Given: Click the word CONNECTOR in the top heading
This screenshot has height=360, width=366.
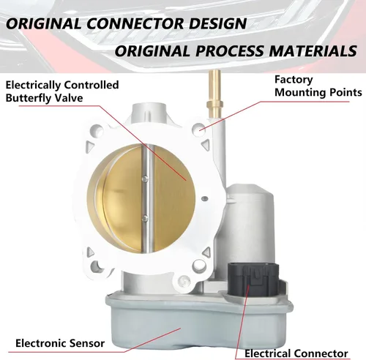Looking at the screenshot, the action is point(135,23).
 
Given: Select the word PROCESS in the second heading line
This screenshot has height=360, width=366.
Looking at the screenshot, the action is point(230,51).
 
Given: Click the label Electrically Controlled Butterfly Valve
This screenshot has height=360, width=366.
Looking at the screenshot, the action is point(62,91).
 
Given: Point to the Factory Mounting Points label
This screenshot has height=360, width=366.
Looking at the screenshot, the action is point(318,86).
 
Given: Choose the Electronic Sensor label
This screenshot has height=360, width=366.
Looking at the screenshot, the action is point(60,343).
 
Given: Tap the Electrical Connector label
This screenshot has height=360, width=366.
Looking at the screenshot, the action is point(296,353).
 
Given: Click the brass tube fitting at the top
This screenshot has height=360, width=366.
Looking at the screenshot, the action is point(214,94).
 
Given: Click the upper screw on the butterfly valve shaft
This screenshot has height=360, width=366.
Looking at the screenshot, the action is point(145,179).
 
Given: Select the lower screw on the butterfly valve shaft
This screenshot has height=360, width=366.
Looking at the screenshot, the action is point(145,218).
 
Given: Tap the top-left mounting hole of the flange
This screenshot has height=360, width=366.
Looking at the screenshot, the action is point(97,130).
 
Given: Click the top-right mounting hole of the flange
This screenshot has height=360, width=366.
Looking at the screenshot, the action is point(199,129).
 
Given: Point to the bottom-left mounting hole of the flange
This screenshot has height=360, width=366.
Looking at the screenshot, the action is point(97,266).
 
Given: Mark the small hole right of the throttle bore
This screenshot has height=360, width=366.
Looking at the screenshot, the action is point(205,199).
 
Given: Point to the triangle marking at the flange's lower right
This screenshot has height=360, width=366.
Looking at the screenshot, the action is point(206,252).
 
